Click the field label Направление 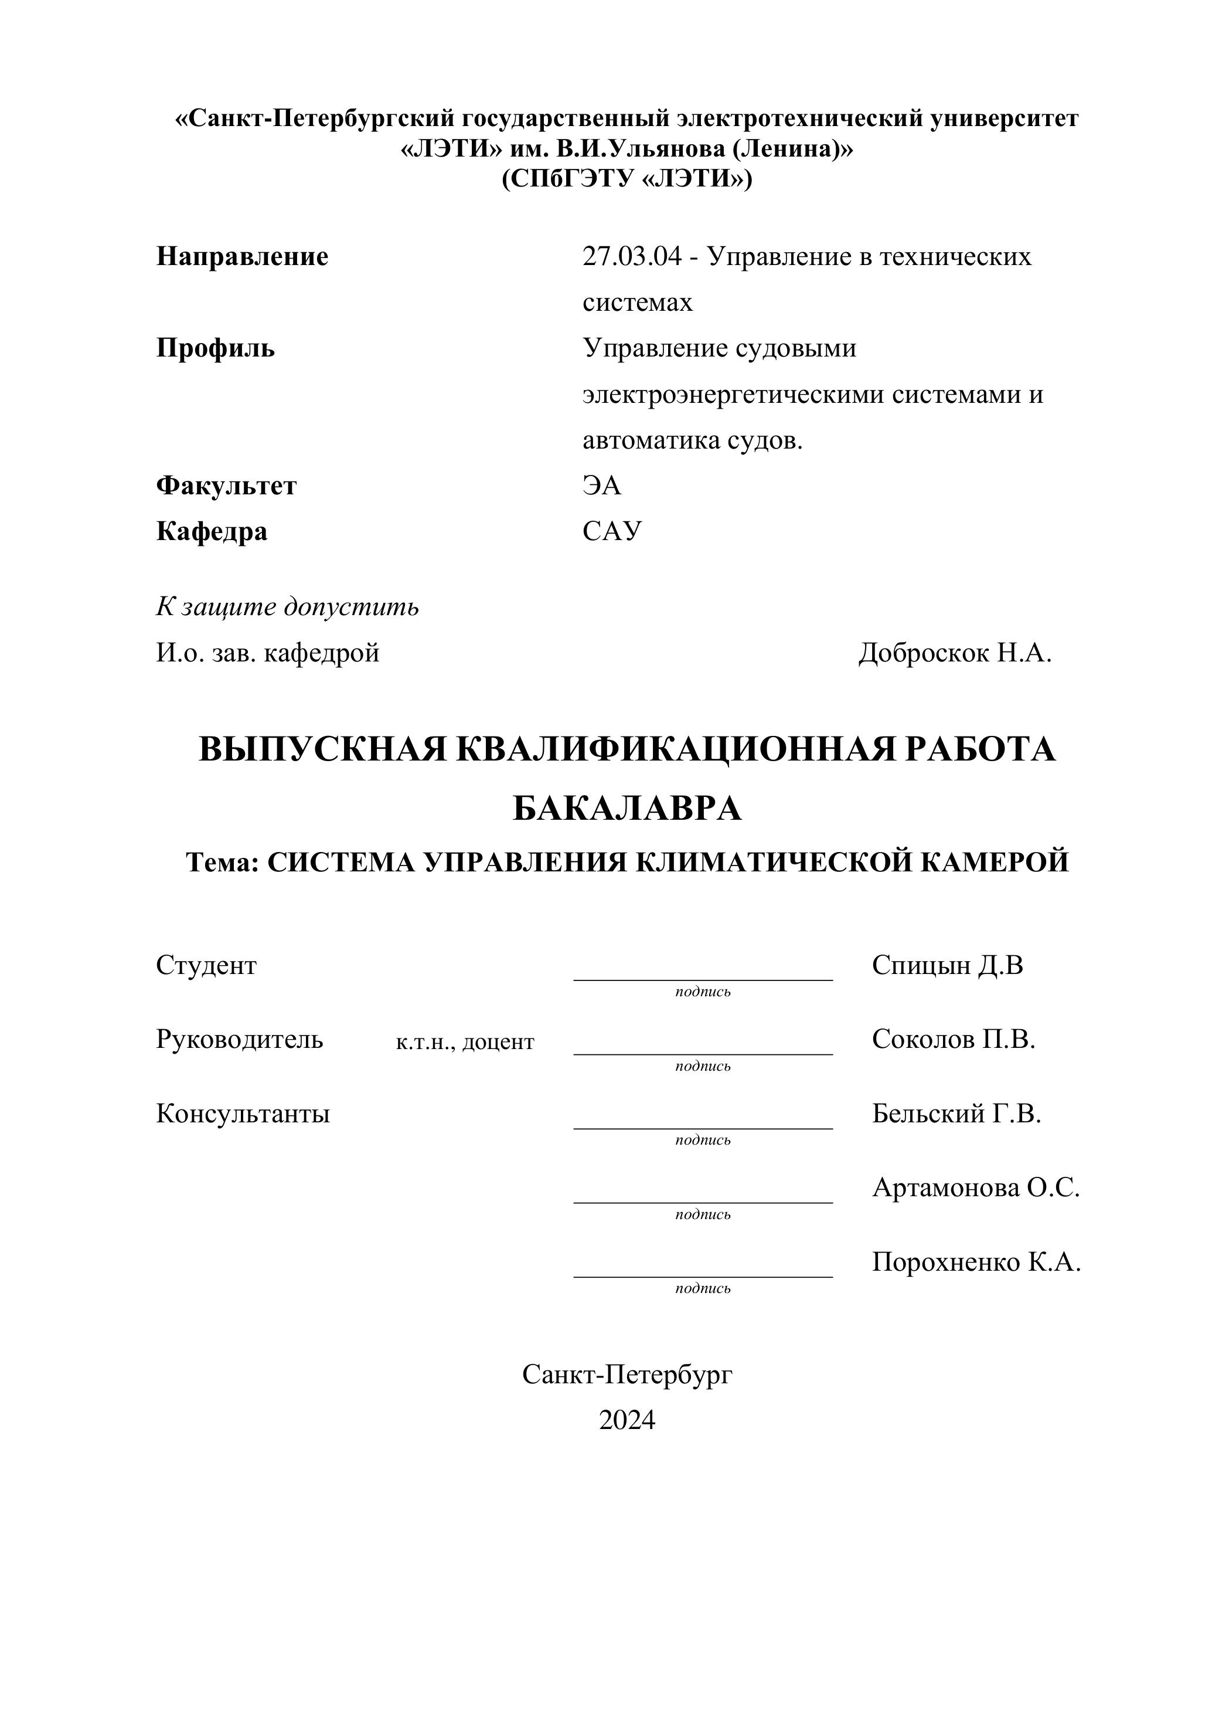[x=242, y=257]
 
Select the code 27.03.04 [x=631, y=257]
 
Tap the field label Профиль [x=215, y=348]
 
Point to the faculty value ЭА [x=601, y=486]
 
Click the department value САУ [x=611, y=531]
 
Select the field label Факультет [x=226, y=486]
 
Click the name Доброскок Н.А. [x=955, y=653]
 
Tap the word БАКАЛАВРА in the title [x=627, y=809]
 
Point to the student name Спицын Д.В [x=947, y=965]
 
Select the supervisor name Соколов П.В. [x=953, y=1039]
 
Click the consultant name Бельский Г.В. [x=956, y=1114]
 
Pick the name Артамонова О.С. [x=975, y=1187]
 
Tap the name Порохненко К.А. [x=976, y=1262]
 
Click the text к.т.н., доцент [x=465, y=1042]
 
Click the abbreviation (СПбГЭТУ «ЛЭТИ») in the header [x=627, y=179]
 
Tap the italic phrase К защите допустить [x=287, y=607]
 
